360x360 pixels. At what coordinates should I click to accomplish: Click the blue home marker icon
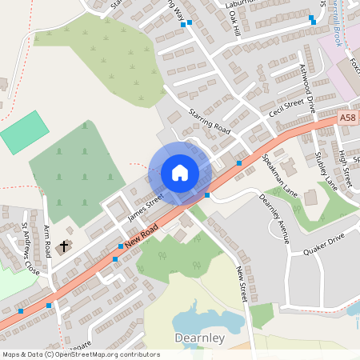coord(180,173)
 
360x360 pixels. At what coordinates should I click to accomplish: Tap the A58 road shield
coord(347,118)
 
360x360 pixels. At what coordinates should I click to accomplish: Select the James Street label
coord(146,206)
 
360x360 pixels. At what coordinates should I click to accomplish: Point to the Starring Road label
coord(210,121)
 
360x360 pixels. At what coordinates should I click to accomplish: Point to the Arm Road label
coord(47,238)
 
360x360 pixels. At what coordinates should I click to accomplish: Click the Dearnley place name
coord(200,338)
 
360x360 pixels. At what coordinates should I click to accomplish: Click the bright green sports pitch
coord(24,132)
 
